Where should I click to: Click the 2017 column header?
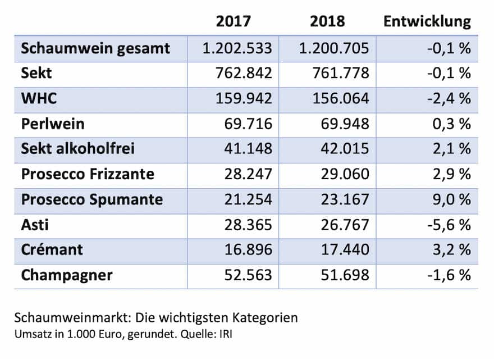(234, 21)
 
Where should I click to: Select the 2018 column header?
(327, 21)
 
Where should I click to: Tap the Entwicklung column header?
(427, 21)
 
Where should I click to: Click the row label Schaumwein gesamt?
(95, 48)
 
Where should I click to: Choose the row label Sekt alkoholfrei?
(77, 149)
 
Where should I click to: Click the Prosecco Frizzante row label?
(88, 174)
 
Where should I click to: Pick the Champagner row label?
(67, 275)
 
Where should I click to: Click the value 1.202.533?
(237, 48)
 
